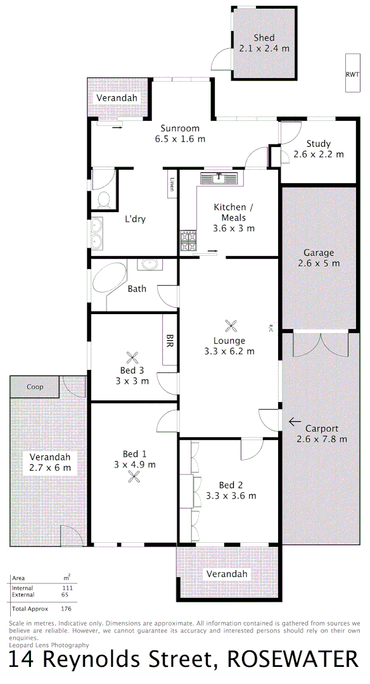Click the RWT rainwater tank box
click(x=352, y=74)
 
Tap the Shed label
click(x=264, y=38)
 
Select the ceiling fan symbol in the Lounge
click(x=229, y=326)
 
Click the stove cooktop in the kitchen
click(x=188, y=241)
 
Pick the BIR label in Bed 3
click(x=170, y=340)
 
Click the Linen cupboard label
click(x=172, y=184)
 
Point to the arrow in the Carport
click(x=295, y=421)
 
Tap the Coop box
click(x=35, y=386)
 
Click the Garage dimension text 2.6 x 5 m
click(x=318, y=263)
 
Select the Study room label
click(x=318, y=144)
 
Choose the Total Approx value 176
click(x=66, y=609)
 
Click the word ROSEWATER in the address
click(x=293, y=660)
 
